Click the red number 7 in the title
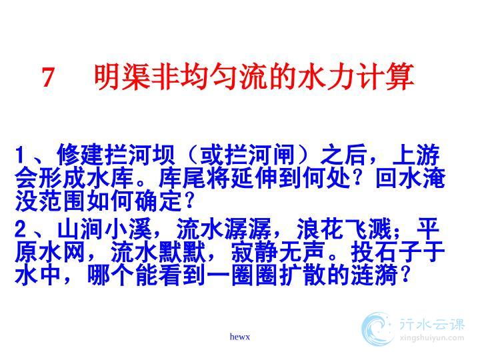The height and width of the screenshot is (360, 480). [x=48, y=77]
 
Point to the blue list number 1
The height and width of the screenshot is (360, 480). [x=20, y=155]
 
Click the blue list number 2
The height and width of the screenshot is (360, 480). [x=21, y=229]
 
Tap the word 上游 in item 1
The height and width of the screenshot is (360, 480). [x=416, y=155]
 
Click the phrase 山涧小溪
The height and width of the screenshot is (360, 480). [x=105, y=229]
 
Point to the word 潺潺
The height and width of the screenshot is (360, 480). [x=247, y=229]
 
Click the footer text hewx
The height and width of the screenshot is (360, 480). [x=240, y=337]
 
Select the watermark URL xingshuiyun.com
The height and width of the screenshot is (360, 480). [x=432, y=338]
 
